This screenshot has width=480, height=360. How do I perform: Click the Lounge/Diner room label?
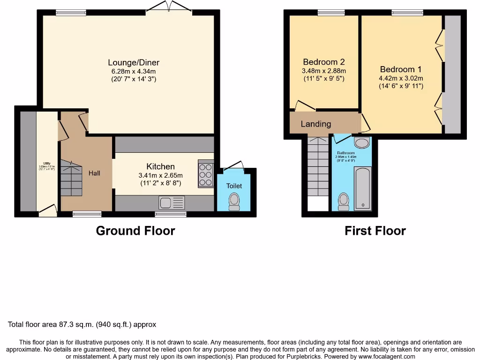[134, 62]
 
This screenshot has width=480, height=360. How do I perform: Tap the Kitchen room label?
[160, 166]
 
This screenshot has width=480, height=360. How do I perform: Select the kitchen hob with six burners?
[206, 174]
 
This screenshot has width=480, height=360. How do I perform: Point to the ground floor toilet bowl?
[234, 202]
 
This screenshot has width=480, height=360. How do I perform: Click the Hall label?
[94, 173]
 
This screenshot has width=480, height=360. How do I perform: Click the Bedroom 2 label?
[324, 62]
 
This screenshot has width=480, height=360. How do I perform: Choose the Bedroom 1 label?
[401, 69]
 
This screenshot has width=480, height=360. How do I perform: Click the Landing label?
[315, 124]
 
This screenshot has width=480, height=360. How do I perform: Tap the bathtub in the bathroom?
[362, 187]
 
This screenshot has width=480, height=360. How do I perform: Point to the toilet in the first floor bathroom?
[344, 202]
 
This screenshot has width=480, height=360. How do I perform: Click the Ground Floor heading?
[135, 231]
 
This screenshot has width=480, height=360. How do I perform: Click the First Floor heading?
[375, 231]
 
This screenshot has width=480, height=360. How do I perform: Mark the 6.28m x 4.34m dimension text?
[134, 71]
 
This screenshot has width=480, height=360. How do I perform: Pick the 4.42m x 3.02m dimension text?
[401, 78]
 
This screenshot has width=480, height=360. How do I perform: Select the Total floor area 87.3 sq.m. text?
[82, 324]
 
